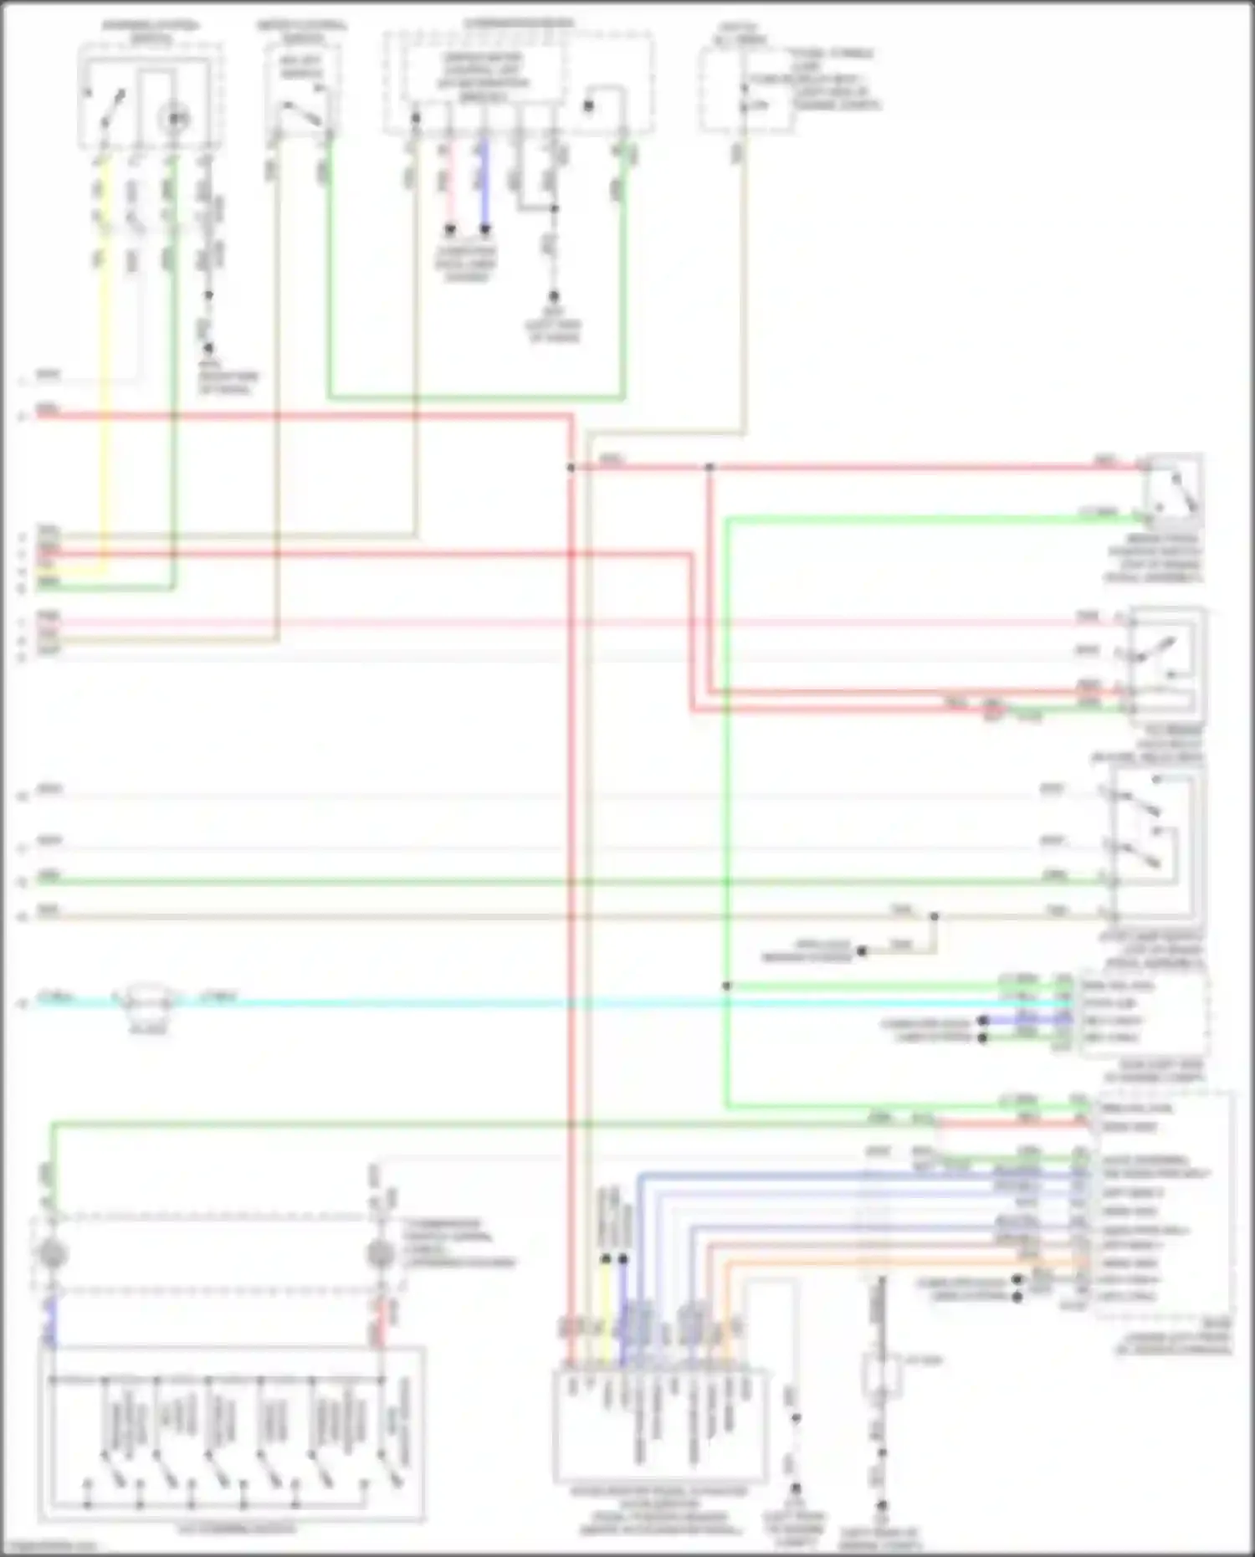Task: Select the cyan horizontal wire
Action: pos(586,1001)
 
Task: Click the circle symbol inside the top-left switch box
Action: pos(175,119)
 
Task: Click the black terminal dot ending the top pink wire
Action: pos(449,229)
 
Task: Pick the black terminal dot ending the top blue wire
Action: pos(484,229)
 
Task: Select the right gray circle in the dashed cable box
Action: pos(381,1254)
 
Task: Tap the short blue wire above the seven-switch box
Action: pos(50,1320)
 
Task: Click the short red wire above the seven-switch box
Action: pos(382,1320)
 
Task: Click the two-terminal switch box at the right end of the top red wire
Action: pos(1174,488)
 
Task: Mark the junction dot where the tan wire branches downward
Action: pos(934,917)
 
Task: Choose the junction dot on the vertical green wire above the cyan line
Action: pos(726,986)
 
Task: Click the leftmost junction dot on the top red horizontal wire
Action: pos(571,468)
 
